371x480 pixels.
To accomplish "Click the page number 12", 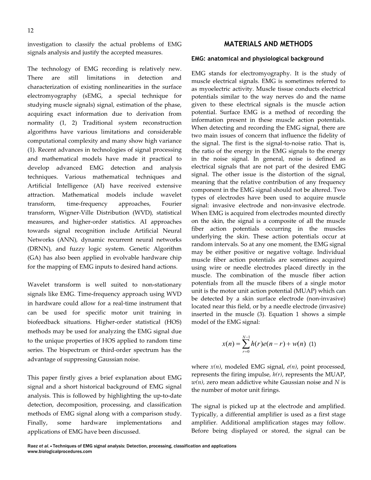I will [30, 30].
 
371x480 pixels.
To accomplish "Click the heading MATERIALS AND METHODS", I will [268, 44].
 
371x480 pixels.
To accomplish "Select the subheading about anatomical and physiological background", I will [257, 58].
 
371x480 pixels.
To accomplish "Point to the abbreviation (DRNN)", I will [38, 249].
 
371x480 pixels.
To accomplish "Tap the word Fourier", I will [171, 204].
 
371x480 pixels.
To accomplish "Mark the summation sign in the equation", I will [245, 344].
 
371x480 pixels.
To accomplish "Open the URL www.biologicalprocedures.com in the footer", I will [60, 452].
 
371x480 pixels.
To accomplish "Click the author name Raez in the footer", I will [34, 446].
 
